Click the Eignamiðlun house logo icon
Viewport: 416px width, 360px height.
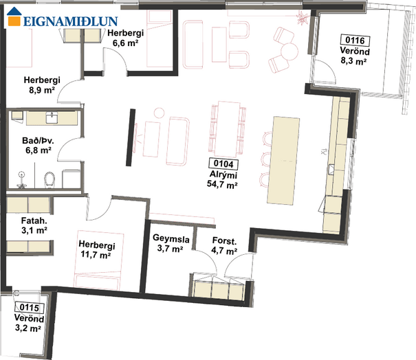[x=14, y=16]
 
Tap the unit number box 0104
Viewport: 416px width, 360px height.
[x=223, y=164]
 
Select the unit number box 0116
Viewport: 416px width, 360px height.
[x=355, y=41]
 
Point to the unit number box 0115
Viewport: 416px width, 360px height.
[x=29, y=308]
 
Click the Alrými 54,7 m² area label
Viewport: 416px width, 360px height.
[x=222, y=179]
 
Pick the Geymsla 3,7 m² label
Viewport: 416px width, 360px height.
[x=171, y=244]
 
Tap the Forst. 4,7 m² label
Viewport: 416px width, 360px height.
[x=224, y=246]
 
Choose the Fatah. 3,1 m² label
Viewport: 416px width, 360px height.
[x=34, y=225]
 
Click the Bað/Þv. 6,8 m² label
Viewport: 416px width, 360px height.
[x=38, y=145]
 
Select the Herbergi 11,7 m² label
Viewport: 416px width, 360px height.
[x=96, y=249]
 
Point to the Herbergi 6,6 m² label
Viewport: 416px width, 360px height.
[x=126, y=38]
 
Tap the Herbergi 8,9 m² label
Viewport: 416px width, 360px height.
[x=42, y=85]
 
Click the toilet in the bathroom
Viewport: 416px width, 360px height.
[x=50, y=180]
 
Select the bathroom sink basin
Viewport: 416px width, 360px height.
[x=52, y=117]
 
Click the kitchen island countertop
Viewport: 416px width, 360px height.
[x=283, y=161]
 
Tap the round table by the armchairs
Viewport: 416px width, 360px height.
[x=289, y=51]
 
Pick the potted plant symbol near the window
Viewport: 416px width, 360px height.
[x=302, y=19]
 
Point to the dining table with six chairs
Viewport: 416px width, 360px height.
[x=228, y=129]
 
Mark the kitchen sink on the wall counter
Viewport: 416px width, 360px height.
[x=331, y=170]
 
